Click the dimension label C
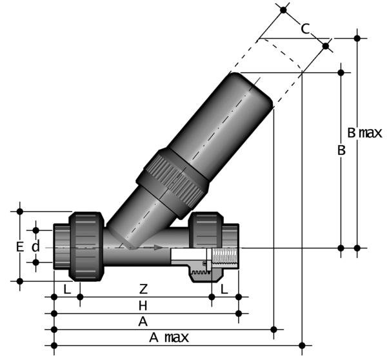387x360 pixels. click(x=305, y=28)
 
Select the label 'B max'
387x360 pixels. click(x=364, y=134)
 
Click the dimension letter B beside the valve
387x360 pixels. click(x=342, y=150)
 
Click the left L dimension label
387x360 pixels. click(x=66, y=290)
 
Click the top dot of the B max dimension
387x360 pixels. click(x=357, y=38)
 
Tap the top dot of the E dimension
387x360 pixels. click(x=20, y=210)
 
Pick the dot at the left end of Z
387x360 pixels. click(x=80, y=297)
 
